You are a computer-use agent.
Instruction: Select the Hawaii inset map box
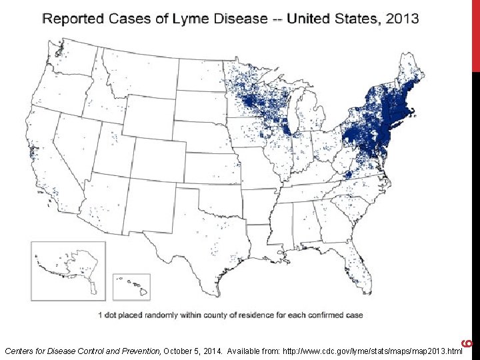[131, 287]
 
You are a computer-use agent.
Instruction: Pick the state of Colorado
[157, 153]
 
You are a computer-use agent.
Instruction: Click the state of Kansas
[213, 163]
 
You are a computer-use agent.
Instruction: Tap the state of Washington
[70, 57]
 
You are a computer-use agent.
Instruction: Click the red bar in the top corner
[475, 33]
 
